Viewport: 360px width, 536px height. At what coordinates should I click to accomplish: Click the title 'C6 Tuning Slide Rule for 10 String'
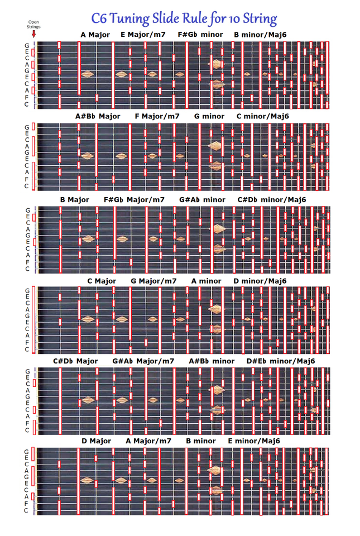click(184, 18)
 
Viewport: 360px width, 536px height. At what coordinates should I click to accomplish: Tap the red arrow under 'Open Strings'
click(33, 34)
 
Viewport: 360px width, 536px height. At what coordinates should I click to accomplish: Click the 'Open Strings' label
click(33, 24)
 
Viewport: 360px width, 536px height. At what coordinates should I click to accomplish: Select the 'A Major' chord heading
click(95, 35)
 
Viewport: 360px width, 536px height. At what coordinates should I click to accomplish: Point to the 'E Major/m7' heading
click(143, 35)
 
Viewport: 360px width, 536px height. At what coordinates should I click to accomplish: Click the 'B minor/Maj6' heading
click(260, 35)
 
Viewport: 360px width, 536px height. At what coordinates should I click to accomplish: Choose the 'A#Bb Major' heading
click(98, 116)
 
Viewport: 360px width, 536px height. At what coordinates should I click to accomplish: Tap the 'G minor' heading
click(209, 116)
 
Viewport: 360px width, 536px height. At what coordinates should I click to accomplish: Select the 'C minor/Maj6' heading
click(263, 116)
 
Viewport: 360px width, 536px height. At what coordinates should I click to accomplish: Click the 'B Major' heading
click(75, 200)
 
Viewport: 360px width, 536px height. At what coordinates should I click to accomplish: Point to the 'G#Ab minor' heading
click(202, 200)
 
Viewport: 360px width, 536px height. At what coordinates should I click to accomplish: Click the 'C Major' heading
click(102, 281)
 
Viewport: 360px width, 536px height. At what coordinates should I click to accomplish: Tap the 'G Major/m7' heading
click(153, 281)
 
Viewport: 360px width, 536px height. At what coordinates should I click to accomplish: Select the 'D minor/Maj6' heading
click(260, 281)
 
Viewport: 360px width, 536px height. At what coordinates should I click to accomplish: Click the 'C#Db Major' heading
click(75, 361)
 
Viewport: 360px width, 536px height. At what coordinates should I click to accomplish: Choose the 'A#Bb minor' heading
click(212, 361)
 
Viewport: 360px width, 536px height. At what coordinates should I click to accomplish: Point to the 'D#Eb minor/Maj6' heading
click(281, 361)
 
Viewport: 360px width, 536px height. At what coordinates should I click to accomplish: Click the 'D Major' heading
click(97, 441)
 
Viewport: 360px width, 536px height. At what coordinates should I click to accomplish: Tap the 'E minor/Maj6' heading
click(254, 441)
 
